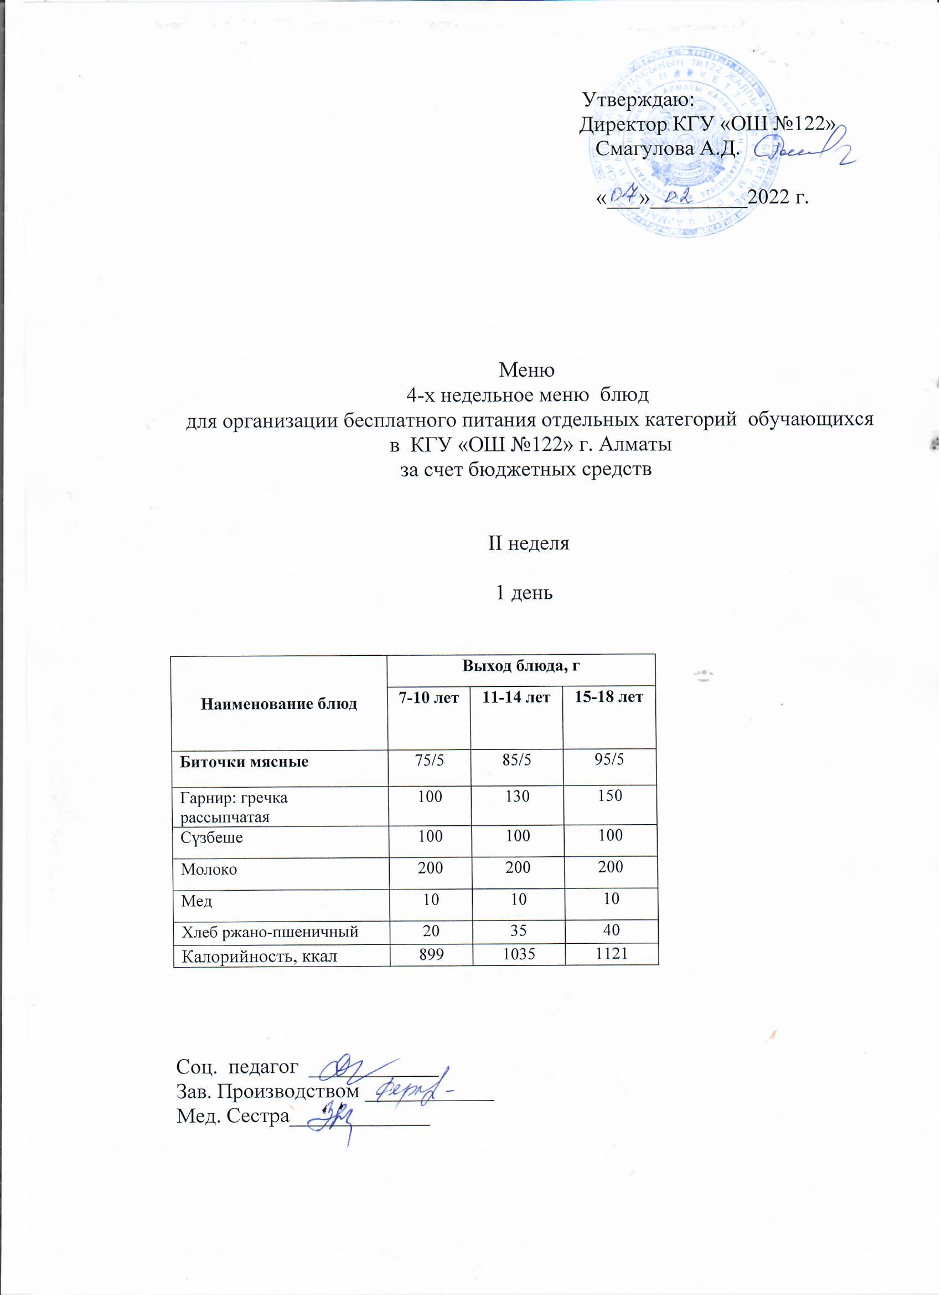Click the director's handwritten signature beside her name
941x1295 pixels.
805,149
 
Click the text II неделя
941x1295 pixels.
529,543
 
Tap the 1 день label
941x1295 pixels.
524,593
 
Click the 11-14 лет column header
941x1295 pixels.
516,698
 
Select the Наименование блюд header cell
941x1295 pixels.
279,704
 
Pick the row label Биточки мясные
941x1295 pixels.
244,762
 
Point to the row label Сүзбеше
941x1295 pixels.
211,838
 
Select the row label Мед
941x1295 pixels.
197,902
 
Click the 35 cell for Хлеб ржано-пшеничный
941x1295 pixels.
518,931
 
